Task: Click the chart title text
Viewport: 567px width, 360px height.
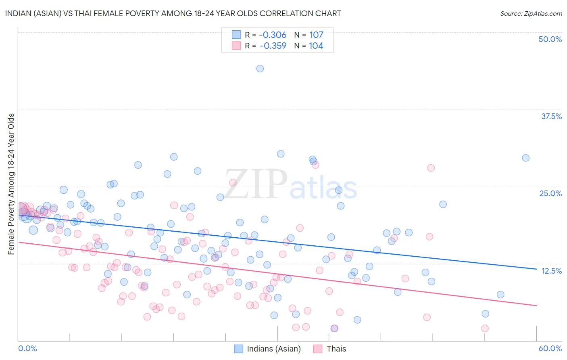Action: pyautogui.click(x=173, y=13)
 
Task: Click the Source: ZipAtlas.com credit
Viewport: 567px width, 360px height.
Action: pyautogui.click(x=531, y=13)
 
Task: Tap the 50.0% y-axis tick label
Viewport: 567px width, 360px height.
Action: pyautogui.click(x=550, y=39)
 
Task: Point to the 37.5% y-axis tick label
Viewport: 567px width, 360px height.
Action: pyautogui.click(x=551, y=116)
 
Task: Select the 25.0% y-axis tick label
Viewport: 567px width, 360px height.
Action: pyautogui.click(x=550, y=193)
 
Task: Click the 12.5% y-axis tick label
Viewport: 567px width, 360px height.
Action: pyautogui.click(x=551, y=271)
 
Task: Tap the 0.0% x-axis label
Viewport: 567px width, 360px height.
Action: pyautogui.click(x=27, y=348)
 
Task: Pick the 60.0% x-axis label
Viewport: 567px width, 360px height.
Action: pyautogui.click(x=550, y=348)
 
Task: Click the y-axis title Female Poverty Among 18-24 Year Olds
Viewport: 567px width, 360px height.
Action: pyautogui.click(x=11, y=184)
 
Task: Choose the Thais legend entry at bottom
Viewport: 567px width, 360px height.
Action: pyautogui.click(x=336, y=349)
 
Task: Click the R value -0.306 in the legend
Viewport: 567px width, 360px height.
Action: pyautogui.click(x=273, y=35)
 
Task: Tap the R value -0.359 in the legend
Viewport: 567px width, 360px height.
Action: pyautogui.click(x=273, y=46)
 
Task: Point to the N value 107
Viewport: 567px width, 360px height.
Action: pyautogui.click(x=316, y=35)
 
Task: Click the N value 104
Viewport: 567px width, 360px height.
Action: pyautogui.click(x=316, y=46)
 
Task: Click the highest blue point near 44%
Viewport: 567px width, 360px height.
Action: pyautogui.click(x=260, y=69)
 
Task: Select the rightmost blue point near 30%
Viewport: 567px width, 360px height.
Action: pyautogui.click(x=525, y=158)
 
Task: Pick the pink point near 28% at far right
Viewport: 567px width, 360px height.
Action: pyautogui.click(x=431, y=168)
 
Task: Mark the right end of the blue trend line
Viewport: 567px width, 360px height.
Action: pyautogui.click(x=536, y=268)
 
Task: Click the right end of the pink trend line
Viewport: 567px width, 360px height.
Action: pyautogui.click(x=536, y=306)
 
